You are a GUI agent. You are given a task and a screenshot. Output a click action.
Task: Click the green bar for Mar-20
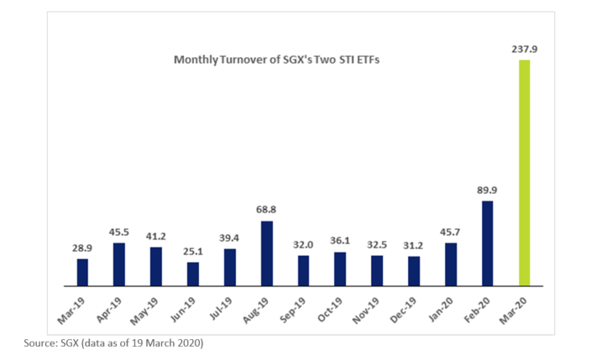point(524,172)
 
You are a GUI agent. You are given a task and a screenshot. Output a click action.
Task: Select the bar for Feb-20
point(487,243)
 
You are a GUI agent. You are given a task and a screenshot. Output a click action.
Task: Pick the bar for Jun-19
point(192,274)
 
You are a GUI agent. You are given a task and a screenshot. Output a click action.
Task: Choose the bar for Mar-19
point(82,272)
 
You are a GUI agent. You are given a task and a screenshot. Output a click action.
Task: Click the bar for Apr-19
point(119,264)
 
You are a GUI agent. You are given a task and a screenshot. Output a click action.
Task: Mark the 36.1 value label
point(340,243)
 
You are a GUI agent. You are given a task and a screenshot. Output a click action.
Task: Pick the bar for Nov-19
point(377,270)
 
